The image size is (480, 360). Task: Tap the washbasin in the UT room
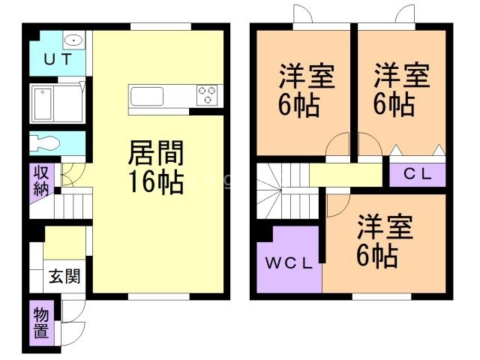(73, 40)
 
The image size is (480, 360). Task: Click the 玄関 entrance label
(64, 276)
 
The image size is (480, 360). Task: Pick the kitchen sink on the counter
(147, 97)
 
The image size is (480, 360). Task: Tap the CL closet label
(418, 175)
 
